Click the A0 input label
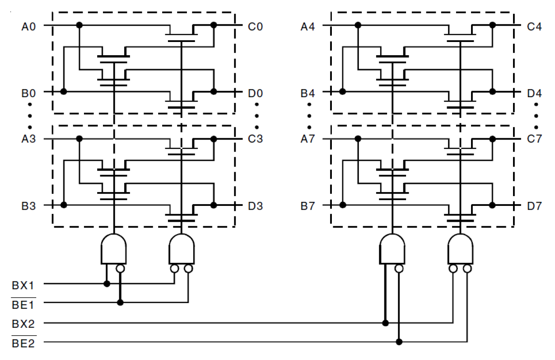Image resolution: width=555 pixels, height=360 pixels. (28, 27)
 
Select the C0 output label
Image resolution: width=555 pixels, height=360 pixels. (255, 27)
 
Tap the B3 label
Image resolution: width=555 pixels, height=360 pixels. (28, 206)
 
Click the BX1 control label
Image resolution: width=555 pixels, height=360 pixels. (23, 285)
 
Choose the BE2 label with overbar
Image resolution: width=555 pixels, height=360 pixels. (23, 343)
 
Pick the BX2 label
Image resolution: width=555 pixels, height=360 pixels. (23, 324)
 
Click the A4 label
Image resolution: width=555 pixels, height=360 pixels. (308, 27)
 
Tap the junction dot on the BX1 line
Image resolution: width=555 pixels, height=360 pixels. (106, 284)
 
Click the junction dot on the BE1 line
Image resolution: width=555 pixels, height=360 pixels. (120, 303)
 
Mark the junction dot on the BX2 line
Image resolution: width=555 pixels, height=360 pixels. (385, 323)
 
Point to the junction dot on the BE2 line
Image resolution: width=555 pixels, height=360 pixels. (399, 342)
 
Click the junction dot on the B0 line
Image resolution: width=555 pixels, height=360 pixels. (64, 91)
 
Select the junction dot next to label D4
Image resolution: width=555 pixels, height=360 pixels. (492, 91)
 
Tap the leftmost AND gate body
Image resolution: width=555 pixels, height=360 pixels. (114, 250)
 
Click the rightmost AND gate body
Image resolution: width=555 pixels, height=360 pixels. (460, 250)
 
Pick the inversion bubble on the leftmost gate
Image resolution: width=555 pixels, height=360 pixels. (121, 269)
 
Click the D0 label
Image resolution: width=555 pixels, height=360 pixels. (255, 94)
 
